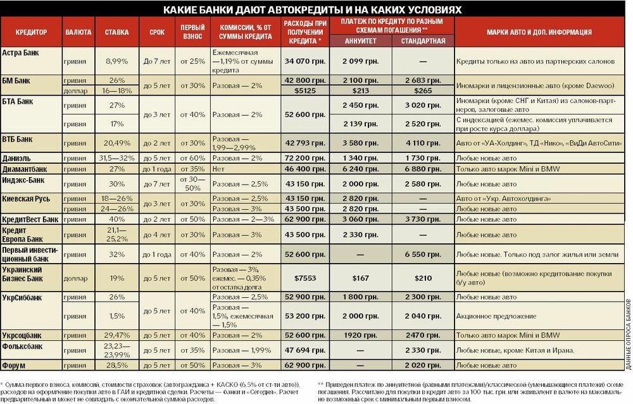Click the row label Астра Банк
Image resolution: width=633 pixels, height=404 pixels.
click(x=22, y=52)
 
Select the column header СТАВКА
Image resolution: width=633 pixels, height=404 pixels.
click(x=116, y=32)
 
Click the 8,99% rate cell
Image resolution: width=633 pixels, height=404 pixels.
click(x=116, y=61)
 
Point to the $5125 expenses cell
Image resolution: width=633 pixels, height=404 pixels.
click(x=304, y=90)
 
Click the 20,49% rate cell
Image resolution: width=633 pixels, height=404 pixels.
click(x=116, y=143)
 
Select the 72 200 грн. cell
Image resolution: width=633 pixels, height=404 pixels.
click(x=304, y=157)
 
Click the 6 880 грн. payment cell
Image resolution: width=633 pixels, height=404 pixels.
click(x=423, y=170)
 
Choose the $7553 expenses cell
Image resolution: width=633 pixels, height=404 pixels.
click(x=304, y=278)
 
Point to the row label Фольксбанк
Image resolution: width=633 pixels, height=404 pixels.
click(x=23, y=346)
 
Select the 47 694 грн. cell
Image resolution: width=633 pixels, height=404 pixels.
click(x=304, y=350)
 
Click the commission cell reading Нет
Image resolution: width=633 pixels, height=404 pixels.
click(x=218, y=170)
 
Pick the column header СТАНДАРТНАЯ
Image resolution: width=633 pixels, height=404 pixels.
click(x=423, y=41)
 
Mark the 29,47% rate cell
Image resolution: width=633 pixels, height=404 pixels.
click(x=116, y=335)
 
